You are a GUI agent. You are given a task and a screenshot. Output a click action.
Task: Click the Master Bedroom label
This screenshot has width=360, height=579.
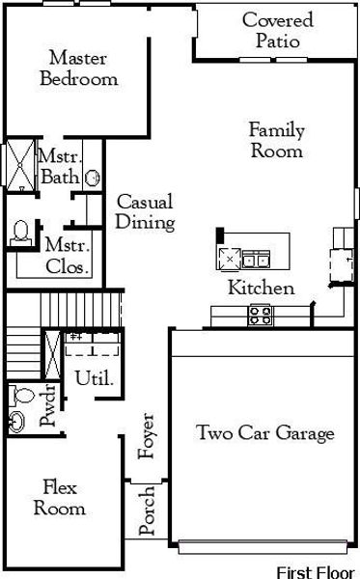click(x=78, y=69)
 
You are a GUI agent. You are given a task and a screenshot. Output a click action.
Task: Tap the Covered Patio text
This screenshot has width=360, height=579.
click(x=277, y=30)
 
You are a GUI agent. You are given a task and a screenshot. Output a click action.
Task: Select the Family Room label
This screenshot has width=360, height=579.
click(x=277, y=140)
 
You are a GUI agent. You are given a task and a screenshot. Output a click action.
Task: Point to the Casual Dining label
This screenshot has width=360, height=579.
click(x=145, y=212)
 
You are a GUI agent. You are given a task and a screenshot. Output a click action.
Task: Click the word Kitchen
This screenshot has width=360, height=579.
click(x=261, y=288)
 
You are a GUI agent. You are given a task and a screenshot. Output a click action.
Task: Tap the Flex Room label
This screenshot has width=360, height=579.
click(x=59, y=497)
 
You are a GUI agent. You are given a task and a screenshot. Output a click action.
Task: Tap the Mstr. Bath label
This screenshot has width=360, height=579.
click(x=59, y=166)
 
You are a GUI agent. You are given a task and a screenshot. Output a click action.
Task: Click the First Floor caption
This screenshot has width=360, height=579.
click(x=316, y=571)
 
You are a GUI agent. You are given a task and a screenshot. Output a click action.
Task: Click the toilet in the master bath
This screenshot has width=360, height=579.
click(x=20, y=232)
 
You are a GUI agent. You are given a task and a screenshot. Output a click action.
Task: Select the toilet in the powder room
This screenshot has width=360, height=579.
click(x=21, y=393)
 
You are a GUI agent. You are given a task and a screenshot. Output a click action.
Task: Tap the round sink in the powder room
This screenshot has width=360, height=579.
click(x=17, y=421)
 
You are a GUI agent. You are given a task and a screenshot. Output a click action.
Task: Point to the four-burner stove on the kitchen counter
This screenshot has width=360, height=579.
click(x=259, y=314)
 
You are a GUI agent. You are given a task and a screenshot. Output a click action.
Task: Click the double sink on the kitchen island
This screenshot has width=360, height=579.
click(x=256, y=258)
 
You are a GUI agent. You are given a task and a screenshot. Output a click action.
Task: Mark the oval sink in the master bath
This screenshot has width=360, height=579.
click(x=93, y=178)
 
